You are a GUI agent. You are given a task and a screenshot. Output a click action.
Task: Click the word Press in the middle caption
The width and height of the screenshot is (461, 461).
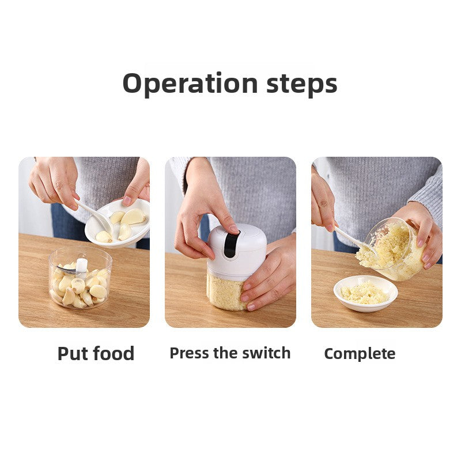189,353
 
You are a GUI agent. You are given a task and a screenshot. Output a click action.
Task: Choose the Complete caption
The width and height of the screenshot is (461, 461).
360,354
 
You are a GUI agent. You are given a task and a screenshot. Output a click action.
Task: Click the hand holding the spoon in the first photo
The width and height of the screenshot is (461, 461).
55,182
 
